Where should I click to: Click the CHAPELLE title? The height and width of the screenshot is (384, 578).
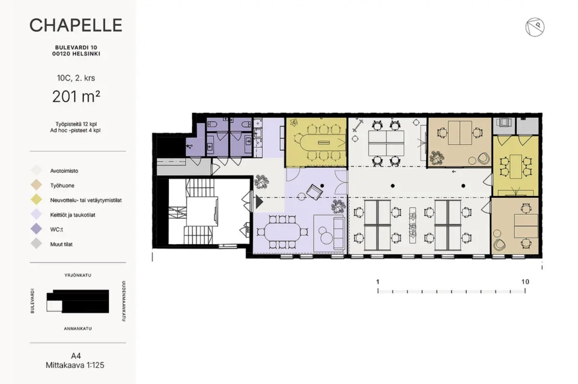pyautogui.click(x=76, y=25)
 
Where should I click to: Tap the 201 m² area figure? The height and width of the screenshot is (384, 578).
pyautogui.click(x=76, y=97)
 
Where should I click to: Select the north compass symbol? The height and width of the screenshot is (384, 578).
pyautogui.click(x=535, y=27)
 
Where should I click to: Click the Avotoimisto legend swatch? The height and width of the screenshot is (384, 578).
pyautogui.click(x=36, y=170)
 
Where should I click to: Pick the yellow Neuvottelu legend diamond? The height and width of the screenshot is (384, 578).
pyautogui.click(x=36, y=200)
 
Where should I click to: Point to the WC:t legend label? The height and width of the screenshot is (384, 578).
pyautogui.click(x=57, y=229)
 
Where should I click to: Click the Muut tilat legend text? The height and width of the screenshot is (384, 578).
pyautogui.click(x=61, y=244)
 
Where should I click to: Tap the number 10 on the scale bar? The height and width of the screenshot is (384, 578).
pyautogui.click(x=525, y=282)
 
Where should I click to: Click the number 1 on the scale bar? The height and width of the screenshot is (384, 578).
pyautogui.click(x=378, y=282)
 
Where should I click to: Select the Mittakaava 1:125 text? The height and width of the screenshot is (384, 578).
pyautogui.click(x=75, y=365)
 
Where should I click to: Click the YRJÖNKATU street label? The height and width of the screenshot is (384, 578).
pyautogui.click(x=78, y=275)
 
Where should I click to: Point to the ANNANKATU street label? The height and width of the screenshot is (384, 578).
pyautogui.click(x=78, y=329)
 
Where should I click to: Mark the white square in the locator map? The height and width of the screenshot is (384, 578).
pyautogui.click(x=54, y=306)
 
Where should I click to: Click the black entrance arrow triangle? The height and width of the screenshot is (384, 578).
pyautogui.click(x=259, y=202)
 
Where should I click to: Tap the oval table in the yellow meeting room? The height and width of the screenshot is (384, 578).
pyautogui.click(x=320, y=143)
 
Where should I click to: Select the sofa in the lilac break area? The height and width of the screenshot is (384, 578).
pyautogui.click(x=339, y=233)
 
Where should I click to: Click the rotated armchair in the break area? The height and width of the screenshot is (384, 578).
pyautogui.click(x=315, y=192)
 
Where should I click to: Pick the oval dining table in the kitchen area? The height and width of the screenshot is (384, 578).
pyautogui.click(x=282, y=232)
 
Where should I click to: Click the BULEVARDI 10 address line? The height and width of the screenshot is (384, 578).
pyautogui.click(x=76, y=47)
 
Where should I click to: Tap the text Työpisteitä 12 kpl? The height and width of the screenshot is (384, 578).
pyautogui.click(x=76, y=124)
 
